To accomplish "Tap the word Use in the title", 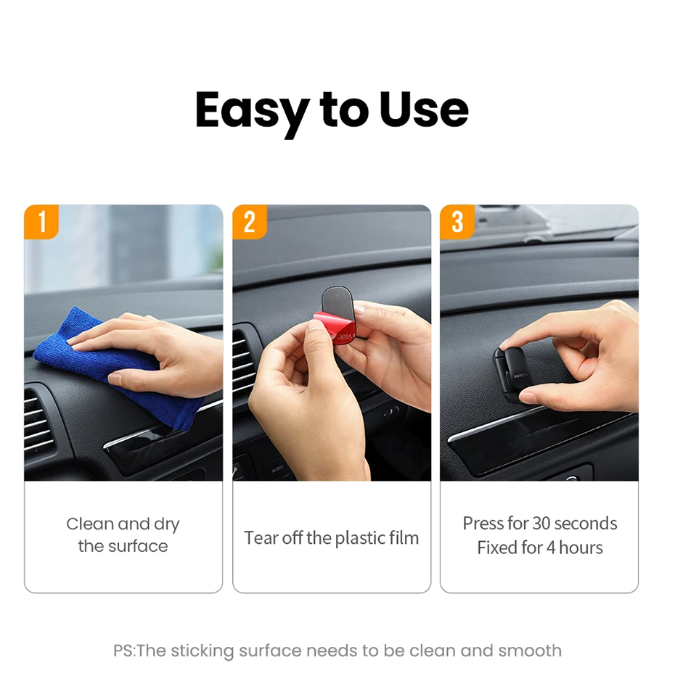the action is (x=424, y=110).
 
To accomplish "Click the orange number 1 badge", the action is (x=41, y=222).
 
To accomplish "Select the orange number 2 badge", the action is (x=250, y=222).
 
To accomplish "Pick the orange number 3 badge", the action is (x=457, y=222).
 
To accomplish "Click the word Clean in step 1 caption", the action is (x=90, y=524).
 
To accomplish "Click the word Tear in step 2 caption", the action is (x=261, y=538).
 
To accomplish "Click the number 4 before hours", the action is (x=551, y=548).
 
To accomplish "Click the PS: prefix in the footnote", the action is (x=124, y=651).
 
